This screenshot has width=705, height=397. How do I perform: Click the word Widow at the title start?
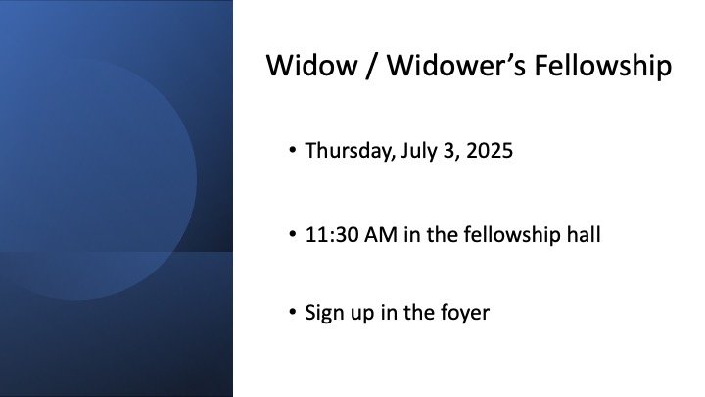[x=311, y=66]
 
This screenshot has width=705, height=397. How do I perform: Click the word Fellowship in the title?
[x=603, y=67]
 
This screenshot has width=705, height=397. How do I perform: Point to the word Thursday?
[x=351, y=151]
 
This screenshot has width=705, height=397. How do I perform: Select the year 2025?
[x=490, y=151]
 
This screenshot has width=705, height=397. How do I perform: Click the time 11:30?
[x=331, y=235]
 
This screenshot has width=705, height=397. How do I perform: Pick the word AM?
[x=381, y=235]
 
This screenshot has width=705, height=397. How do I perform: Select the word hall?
[x=584, y=234]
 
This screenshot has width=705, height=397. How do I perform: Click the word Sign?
[x=324, y=313]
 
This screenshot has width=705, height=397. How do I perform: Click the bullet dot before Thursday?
[x=293, y=149]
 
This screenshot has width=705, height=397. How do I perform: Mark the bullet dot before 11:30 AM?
[x=293, y=233]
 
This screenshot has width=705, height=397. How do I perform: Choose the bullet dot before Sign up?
[x=293, y=311]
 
